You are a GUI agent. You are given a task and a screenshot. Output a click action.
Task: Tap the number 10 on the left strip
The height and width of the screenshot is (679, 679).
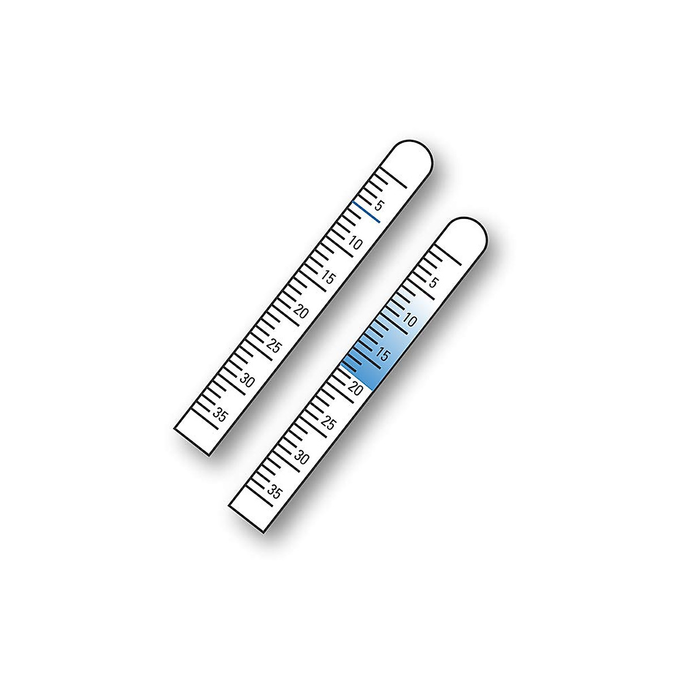tap(355, 243)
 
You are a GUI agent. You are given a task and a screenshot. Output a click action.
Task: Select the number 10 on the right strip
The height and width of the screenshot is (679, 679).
tap(410, 320)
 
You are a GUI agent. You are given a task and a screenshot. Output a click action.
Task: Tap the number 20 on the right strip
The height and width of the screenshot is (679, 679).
tap(356, 389)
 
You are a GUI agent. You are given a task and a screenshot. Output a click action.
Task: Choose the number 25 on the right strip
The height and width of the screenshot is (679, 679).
tap(329, 423)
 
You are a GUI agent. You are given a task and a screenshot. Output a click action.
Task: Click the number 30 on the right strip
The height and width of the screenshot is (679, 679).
tap(302, 458)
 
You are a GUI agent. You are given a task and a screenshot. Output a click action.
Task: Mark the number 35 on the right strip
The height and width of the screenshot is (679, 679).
tap(274, 492)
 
